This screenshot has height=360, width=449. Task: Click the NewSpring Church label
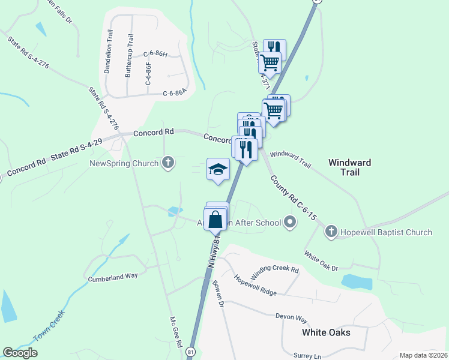(124, 163)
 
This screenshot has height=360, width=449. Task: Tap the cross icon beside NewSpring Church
(169, 163)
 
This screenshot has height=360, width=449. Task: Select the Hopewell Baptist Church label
(385, 232)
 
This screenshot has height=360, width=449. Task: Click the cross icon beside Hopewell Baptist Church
(331, 232)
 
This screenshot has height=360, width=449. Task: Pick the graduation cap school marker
(218, 170)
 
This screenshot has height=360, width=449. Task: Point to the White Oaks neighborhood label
(326, 332)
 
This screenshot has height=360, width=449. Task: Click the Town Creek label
(49, 330)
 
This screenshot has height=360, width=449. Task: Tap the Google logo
(20, 353)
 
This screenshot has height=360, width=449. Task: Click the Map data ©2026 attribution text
(423, 355)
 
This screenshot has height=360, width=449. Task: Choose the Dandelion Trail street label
(109, 57)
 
